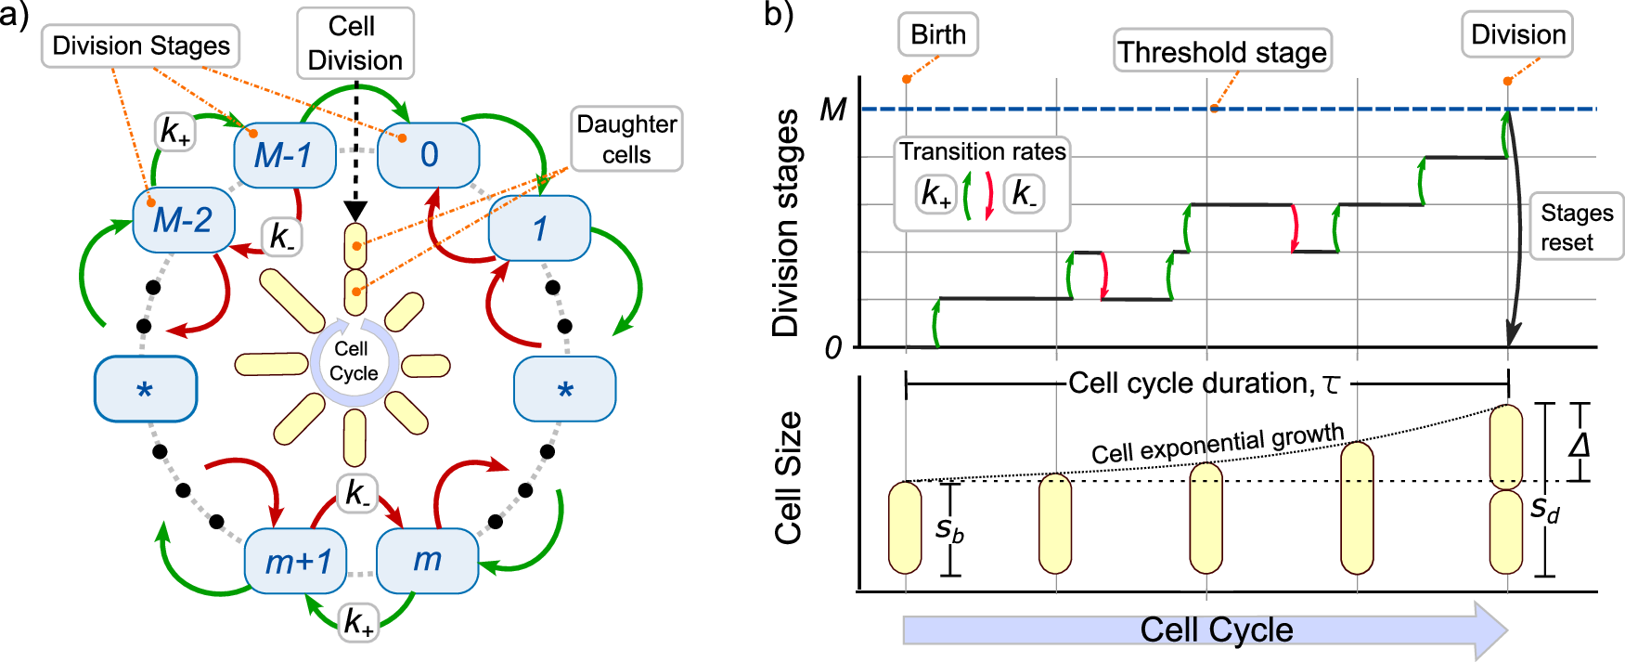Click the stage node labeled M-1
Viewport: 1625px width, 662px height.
point(284,155)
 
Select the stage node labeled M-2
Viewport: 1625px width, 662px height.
point(183,220)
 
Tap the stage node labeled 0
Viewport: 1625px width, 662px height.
point(428,154)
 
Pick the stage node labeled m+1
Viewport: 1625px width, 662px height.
point(296,561)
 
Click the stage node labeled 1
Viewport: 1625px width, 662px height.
point(539,227)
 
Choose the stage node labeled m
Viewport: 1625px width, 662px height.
point(427,560)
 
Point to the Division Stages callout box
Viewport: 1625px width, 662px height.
point(141,45)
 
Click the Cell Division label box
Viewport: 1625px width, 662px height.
point(355,44)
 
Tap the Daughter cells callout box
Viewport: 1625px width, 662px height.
point(626,138)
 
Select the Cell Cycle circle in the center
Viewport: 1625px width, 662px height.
point(355,361)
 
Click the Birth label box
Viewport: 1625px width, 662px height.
point(937,35)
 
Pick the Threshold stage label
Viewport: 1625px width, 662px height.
point(1221,52)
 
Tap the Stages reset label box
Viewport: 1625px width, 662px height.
point(1576,227)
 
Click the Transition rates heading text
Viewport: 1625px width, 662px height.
point(982,151)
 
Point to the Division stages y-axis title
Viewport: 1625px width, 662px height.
point(786,223)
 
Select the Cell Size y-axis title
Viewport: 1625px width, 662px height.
point(788,477)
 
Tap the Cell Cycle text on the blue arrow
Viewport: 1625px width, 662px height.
point(1216,630)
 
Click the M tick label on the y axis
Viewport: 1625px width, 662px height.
point(832,110)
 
